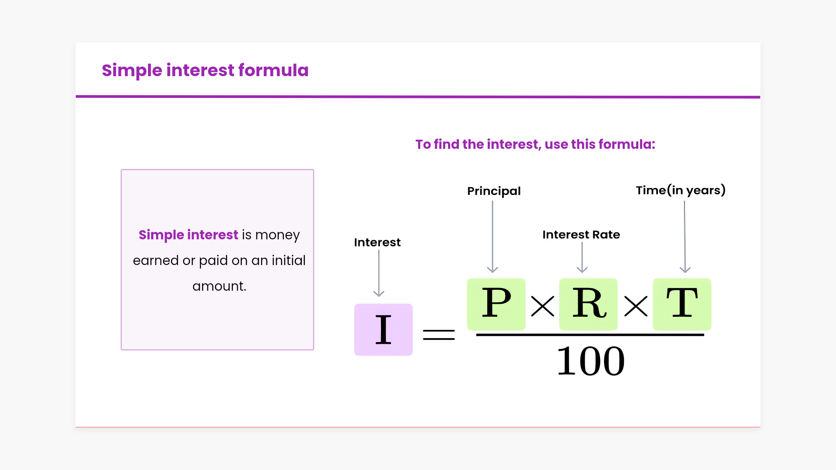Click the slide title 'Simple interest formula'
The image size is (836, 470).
[205, 70]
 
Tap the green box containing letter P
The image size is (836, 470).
[496, 304]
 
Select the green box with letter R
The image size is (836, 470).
[588, 304]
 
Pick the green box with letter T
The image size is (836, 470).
[682, 304]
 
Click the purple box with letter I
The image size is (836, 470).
[383, 329]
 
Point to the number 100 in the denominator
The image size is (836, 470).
[591, 361]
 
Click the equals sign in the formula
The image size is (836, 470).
[439, 335]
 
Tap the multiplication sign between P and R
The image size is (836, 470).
[543, 306]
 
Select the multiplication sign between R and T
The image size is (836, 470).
[636, 306]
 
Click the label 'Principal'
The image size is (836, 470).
[494, 191]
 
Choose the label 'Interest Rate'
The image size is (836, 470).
[581, 235]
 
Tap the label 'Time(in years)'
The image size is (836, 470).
[681, 190]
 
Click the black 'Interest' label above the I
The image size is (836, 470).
[377, 242]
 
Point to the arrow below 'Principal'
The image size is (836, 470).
[492, 237]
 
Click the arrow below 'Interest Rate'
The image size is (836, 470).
[582, 257]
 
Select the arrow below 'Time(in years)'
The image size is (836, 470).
[685, 237]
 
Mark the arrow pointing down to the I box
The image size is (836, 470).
[379, 273]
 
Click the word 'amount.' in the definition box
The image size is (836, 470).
[219, 286]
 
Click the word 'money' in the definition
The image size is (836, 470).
[277, 235]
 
